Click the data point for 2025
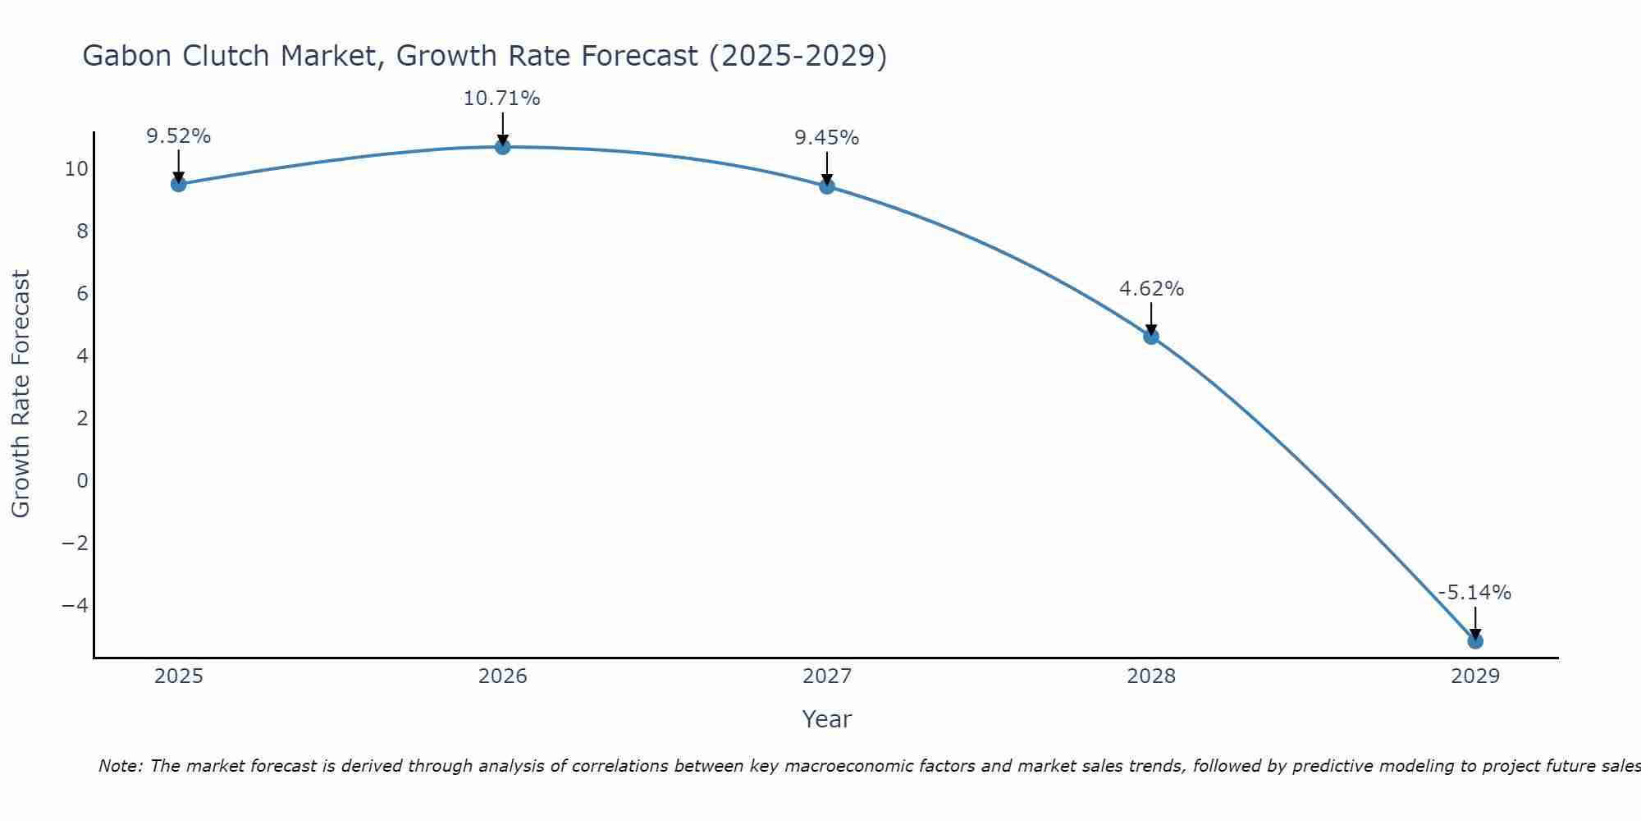pyautogui.click(x=179, y=184)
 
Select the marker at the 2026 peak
pyautogui.click(x=503, y=147)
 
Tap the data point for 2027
pyautogui.click(x=827, y=186)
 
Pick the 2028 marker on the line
pyautogui.click(x=1151, y=337)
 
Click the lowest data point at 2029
pyautogui.click(x=1475, y=640)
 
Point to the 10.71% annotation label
pyautogui.click(x=502, y=99)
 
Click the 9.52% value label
pyautogui.click(x=179, y=136)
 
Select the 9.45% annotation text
pyautogui.click(x=827, y=138)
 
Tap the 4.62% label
pyautogui.click(x=1151, y=289)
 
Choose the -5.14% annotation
pyautogui.click(x=1474, y=593)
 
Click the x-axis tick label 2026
pyautogui.click(x=503, y=677)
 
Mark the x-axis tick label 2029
pyautogui.click(x=1475, y=677)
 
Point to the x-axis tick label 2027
pyautogui.click(x=827, y=677)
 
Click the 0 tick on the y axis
pyautogui.click(x=82, y=480)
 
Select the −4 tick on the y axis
pyautogui.click(x=75, y=605)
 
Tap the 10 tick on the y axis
pyautogui.click(x=76, y=169)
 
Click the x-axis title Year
pyautogui.click(x=827, y=719)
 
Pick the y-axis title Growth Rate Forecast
pyautogui.click(x=21, y=394)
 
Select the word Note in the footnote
pyautogui.click(x=121, y=766)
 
